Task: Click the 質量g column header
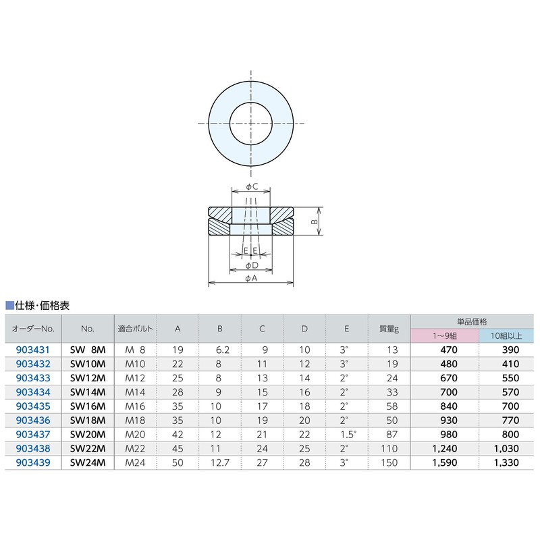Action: click(388, 329)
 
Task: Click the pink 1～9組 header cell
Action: click(445, 335)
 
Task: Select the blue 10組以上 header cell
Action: click(507, 335)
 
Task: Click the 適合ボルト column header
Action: click(136, 329)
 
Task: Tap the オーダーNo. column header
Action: click(32, 329)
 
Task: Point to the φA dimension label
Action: click(251, 277)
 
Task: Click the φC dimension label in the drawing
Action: click(251, 186)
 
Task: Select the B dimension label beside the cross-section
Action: click(313, 221)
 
